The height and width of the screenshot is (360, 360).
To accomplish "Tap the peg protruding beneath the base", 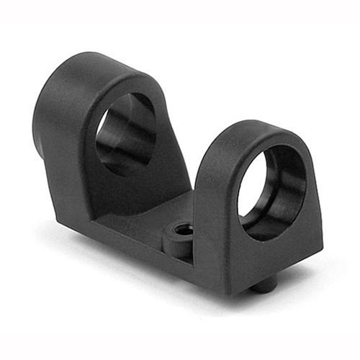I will (264, 285).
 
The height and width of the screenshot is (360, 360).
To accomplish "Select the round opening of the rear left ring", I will (125, 133).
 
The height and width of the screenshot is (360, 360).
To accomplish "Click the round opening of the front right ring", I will (271, 191).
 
